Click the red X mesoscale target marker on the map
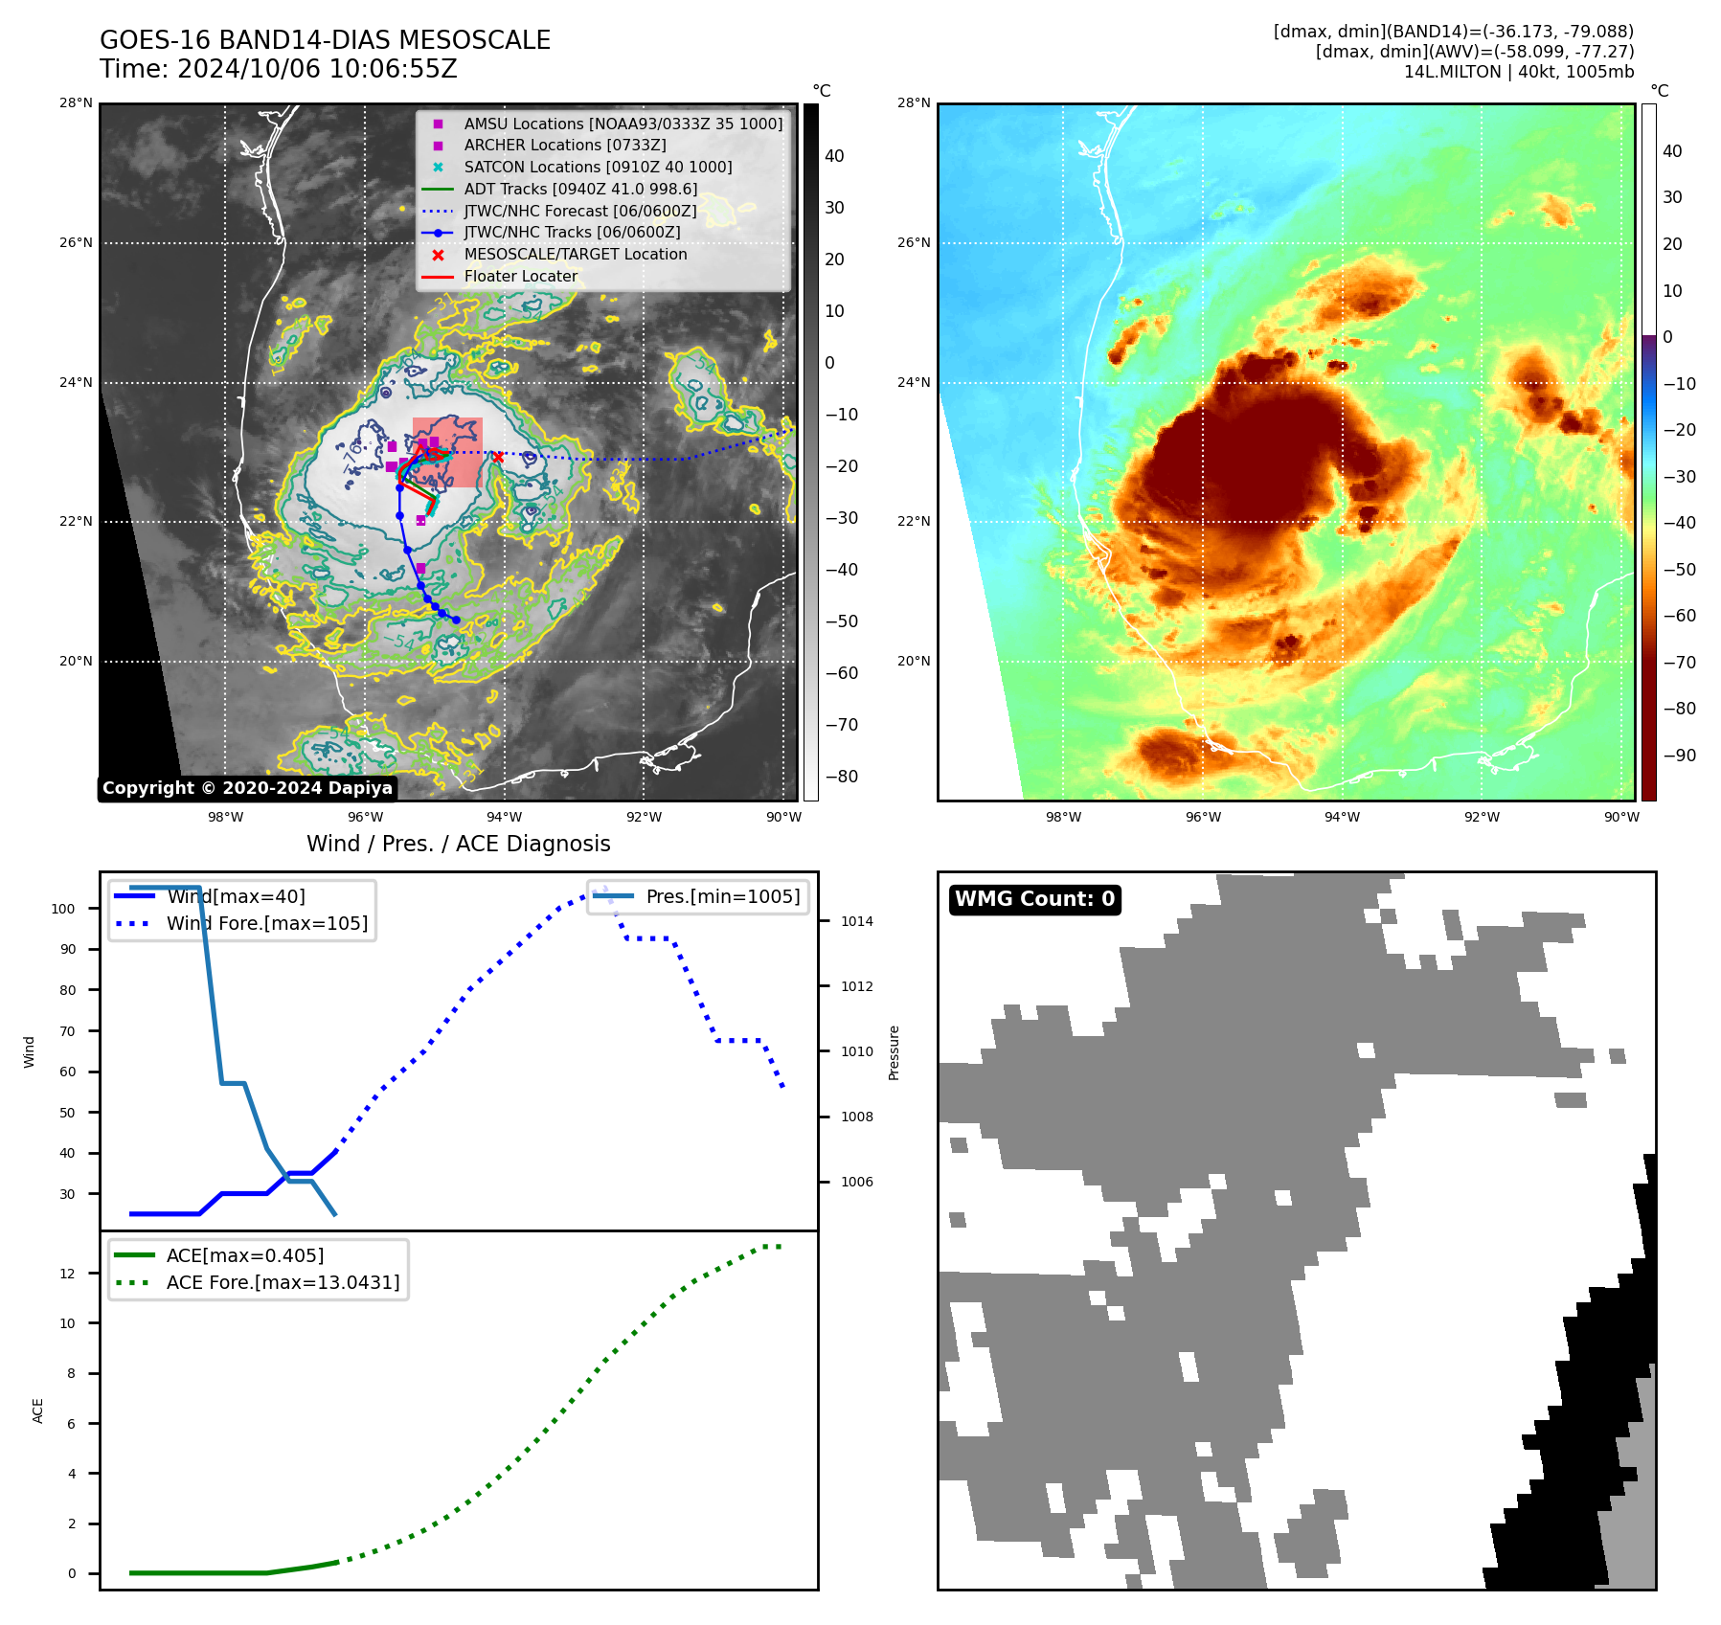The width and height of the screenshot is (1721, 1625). pos(497,457)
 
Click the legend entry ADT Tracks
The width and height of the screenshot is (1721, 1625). pos(580,189)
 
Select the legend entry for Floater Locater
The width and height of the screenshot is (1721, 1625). pos(520,276)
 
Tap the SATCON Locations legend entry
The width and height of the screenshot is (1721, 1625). pos(598,167)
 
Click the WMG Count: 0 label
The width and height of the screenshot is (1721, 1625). pos(1034,899)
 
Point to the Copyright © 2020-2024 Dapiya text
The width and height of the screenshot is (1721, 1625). pos(247,788)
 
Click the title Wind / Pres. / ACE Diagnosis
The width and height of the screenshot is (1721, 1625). pos(458,844)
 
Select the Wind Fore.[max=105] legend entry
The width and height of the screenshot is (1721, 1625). pos(266,923)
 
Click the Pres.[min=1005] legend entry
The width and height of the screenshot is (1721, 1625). pos(722,896)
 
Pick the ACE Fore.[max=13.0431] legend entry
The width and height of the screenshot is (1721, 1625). pos(283,1282)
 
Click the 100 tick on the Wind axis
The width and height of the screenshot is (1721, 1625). pos(63,909)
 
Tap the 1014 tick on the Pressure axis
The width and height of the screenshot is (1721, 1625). pos(857,922)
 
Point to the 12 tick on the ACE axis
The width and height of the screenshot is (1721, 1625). pos(67,1274)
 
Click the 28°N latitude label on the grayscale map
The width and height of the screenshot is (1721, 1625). pos(76,103)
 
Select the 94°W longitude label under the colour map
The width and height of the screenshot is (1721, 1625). pos(1342,817)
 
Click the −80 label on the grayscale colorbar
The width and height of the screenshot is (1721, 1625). pos(842,777)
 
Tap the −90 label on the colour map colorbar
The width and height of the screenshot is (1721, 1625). pos(1679,756)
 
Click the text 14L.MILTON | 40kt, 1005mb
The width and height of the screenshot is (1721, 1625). pos(1518,72)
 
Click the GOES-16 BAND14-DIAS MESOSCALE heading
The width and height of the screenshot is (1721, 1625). pos(325,40)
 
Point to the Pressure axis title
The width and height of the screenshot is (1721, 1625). pos(894,1052)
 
